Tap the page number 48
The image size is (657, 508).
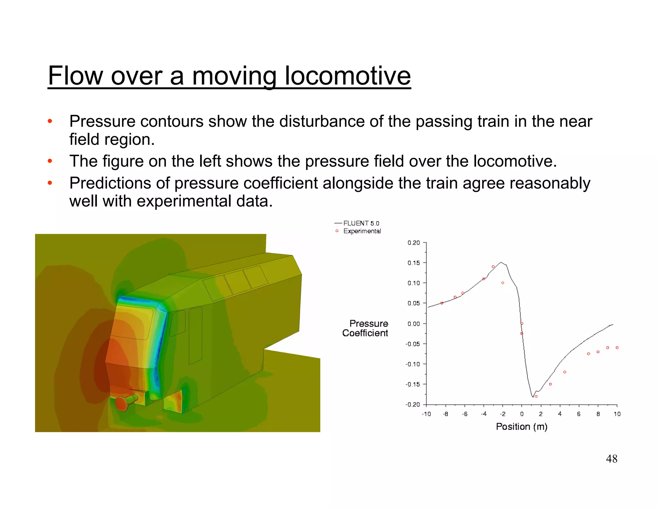(x=611, y=459)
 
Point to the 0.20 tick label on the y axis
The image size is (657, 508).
(x=414, y=243)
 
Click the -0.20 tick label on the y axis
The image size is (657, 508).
(x=413, y=405)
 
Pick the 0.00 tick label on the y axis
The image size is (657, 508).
(x=414, y=324)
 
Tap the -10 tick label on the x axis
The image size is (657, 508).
(x=426, y=414)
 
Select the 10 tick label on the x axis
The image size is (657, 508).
(x=617, y=414)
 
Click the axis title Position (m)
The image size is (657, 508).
(x=522, y=427)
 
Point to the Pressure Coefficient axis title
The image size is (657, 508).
(x=365, y=328)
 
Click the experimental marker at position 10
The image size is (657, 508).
(x=617, y=348)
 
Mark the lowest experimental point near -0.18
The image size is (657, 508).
(x=536, y=396)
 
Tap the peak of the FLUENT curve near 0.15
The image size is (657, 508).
(x=501, y=262)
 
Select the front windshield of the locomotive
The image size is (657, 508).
(x=132, y=322)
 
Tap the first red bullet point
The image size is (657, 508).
(x=50, y=121)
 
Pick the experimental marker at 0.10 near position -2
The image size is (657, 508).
(x=503, y=283)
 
